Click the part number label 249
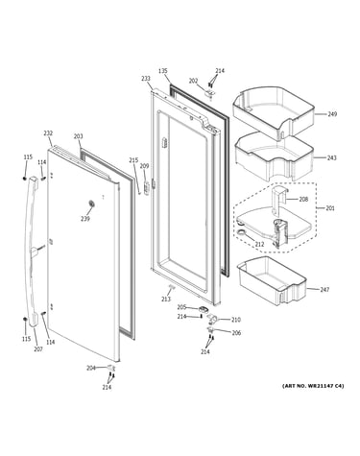332,114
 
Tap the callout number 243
332,157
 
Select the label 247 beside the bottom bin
324,290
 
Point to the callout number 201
330,208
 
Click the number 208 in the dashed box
303,199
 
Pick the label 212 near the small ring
259,245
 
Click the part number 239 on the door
85,219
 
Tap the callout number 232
48,133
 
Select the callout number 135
163,71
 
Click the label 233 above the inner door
146,79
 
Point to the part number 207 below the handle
38,349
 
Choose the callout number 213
166,300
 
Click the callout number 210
236,320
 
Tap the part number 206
236,333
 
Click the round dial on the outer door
91,204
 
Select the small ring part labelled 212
242,233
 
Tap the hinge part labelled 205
204,309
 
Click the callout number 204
91,369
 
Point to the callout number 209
145,166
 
